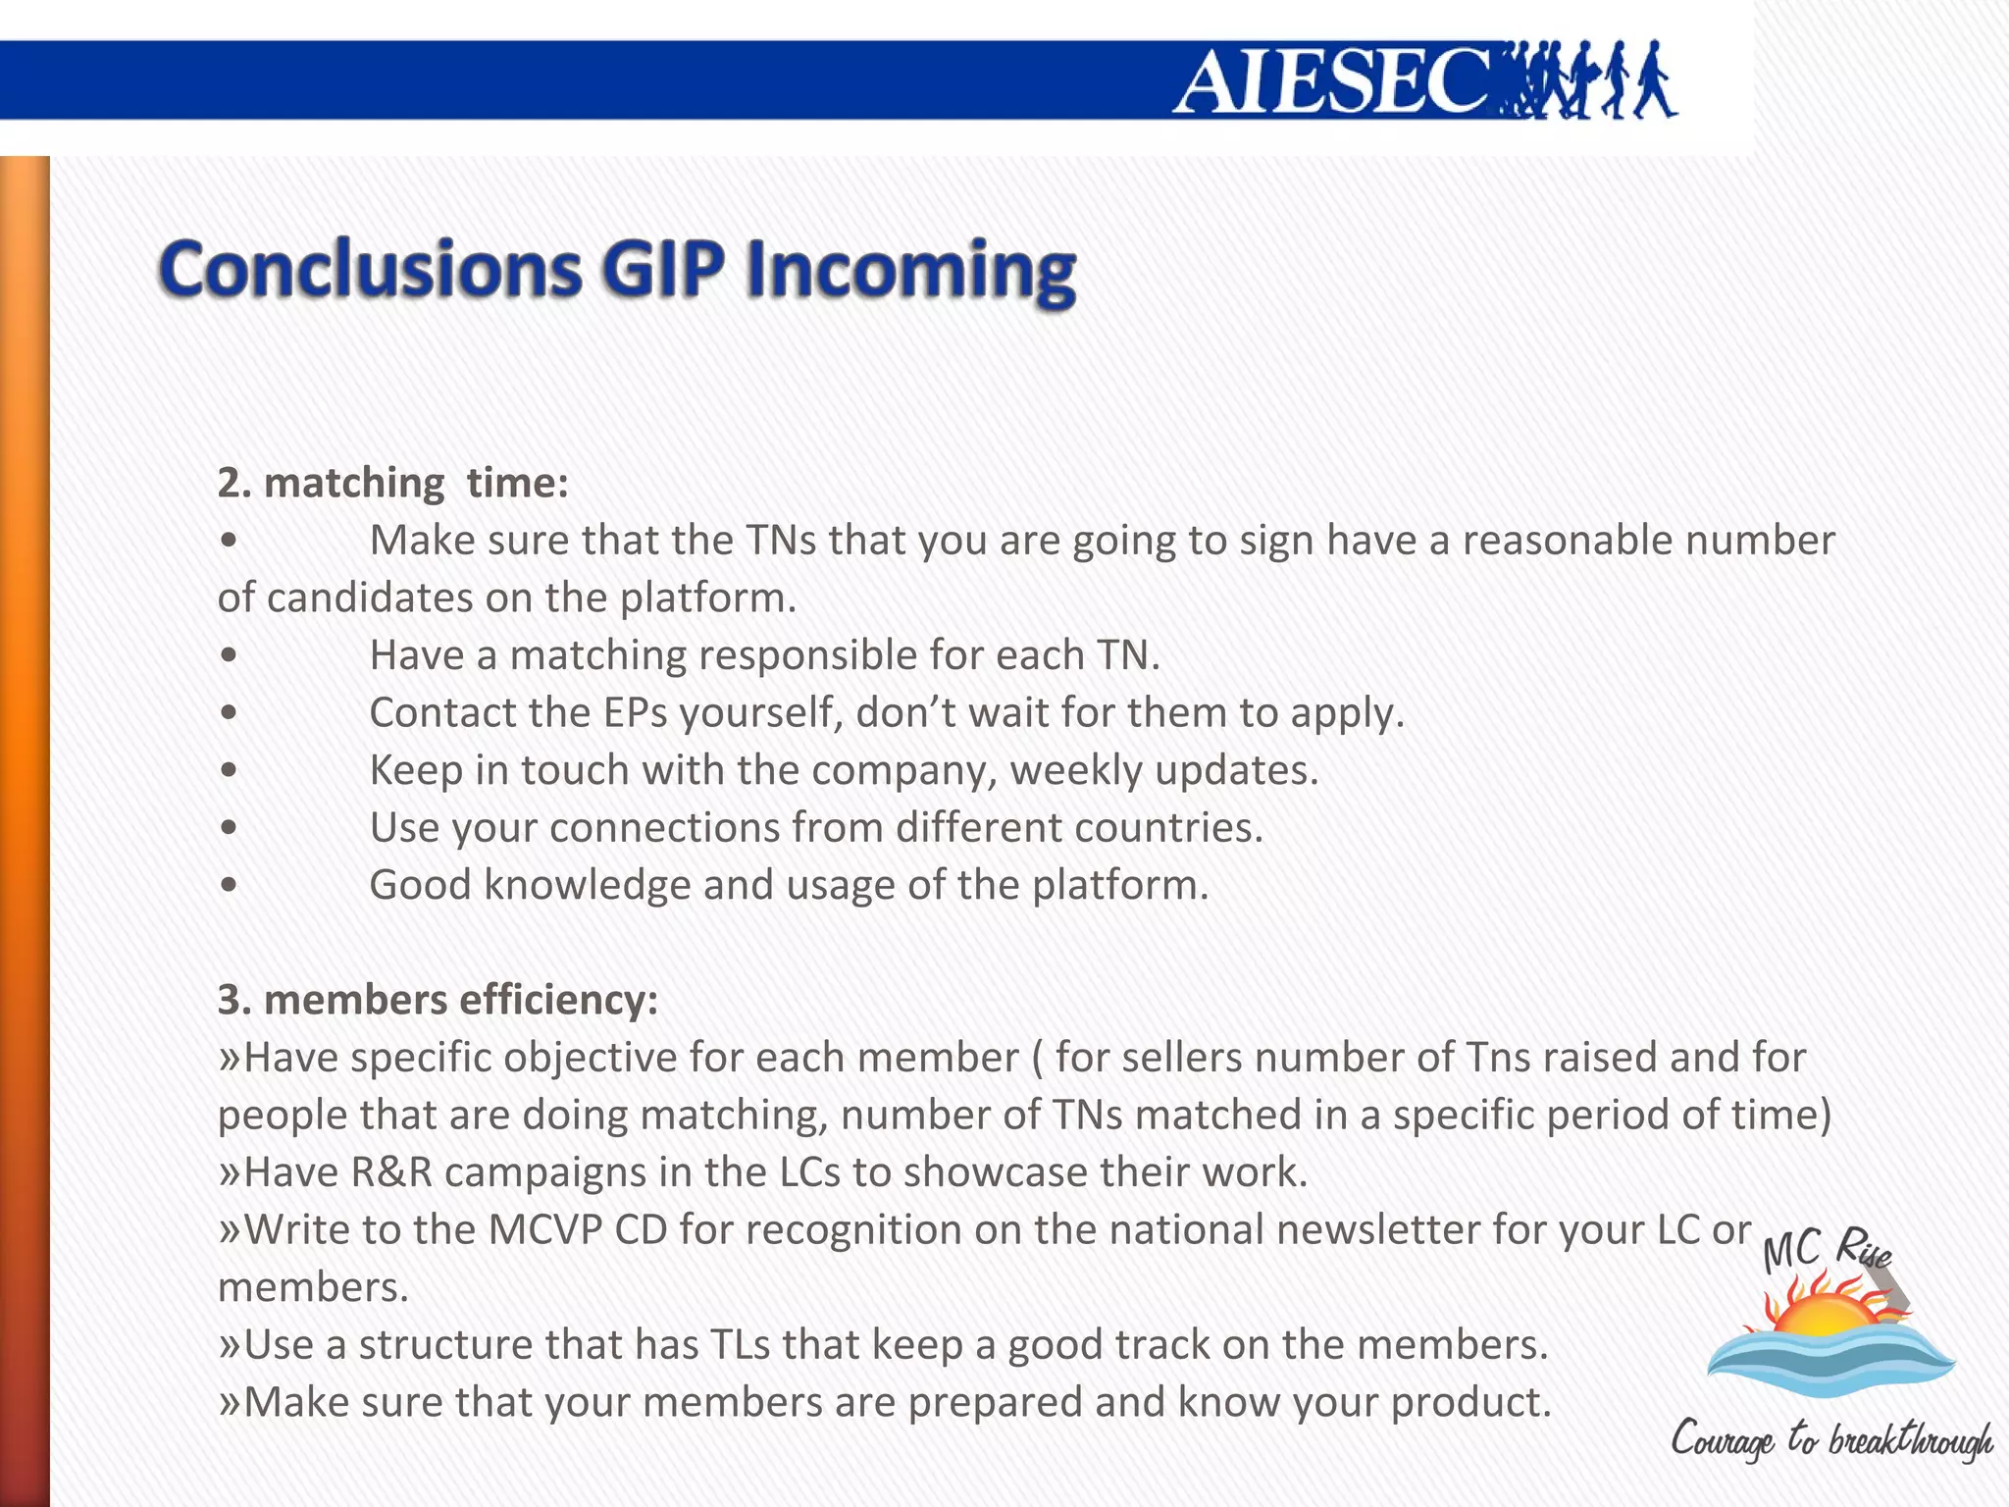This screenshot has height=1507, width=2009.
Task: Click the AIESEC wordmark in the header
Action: [1334, 80]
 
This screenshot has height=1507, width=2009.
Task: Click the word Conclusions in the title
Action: [371, 269]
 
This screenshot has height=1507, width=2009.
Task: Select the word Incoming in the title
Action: [910, 271]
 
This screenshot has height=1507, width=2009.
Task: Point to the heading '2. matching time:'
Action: [392, 483]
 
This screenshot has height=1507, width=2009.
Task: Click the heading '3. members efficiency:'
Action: [438, 1000]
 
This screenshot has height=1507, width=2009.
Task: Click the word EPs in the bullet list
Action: [635, 713]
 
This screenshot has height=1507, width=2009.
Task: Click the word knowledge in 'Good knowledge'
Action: [587, 886]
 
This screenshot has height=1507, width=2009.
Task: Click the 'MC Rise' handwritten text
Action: [1825, 1252]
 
